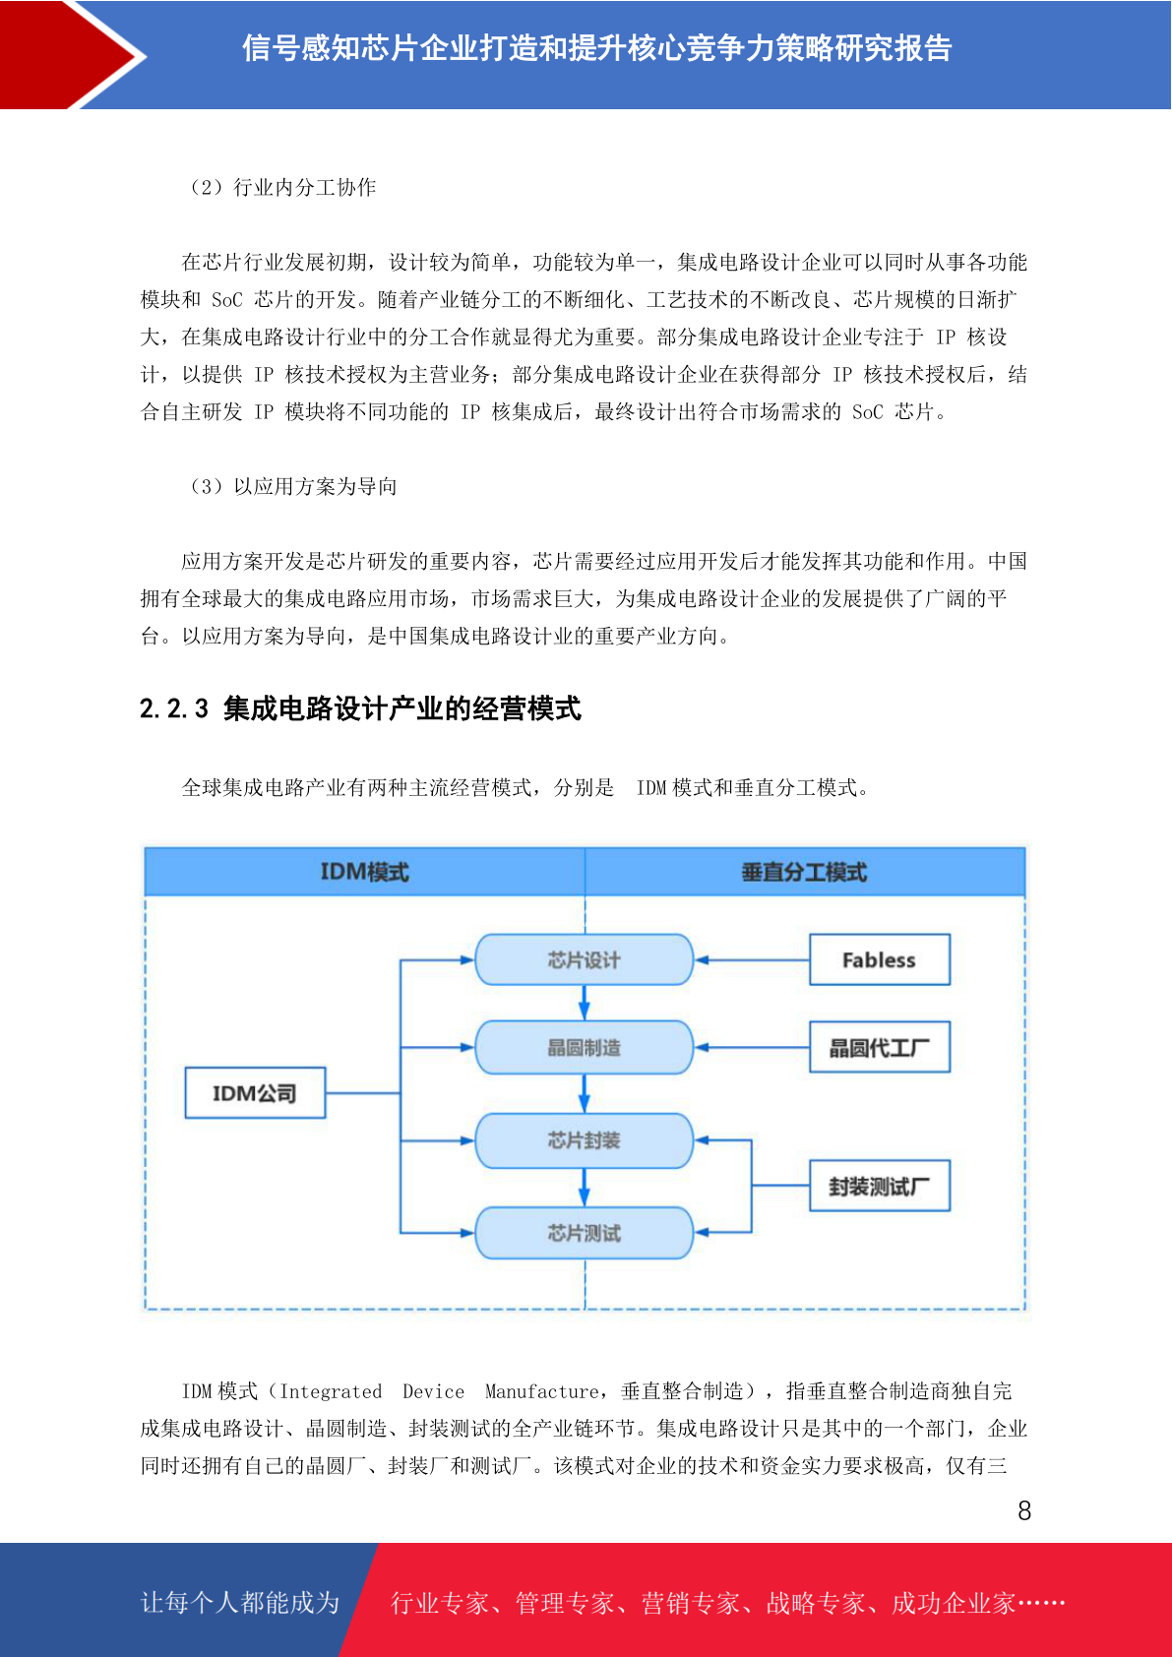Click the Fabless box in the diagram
click(879, 959)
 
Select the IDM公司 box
click(255, 1092)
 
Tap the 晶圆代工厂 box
click(879, 1048)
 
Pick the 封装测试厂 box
click(879, 1186)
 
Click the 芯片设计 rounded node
click(584, 959)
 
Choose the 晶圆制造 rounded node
click(584, 1048)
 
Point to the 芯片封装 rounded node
click(584, 1140)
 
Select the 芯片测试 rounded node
click(584, 1232)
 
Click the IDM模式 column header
click(365, 872)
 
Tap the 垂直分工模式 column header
click(805, 872)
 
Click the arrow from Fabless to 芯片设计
click(752, 959)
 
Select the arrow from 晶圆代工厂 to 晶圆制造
click(752, 1048)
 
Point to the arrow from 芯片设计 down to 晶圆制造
click(584, 1003)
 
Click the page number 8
click(1024, 1510)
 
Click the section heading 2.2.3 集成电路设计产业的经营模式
click(360, 708)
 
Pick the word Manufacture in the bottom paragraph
click(541, 1391)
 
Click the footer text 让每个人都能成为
click(240, 1602)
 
